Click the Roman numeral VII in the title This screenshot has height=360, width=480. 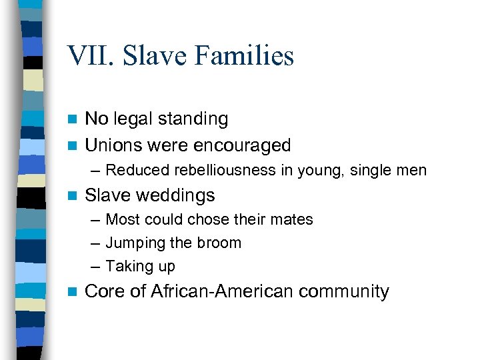point(87,56)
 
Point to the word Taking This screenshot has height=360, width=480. point(129,267)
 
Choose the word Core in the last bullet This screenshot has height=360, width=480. point(106,291)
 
